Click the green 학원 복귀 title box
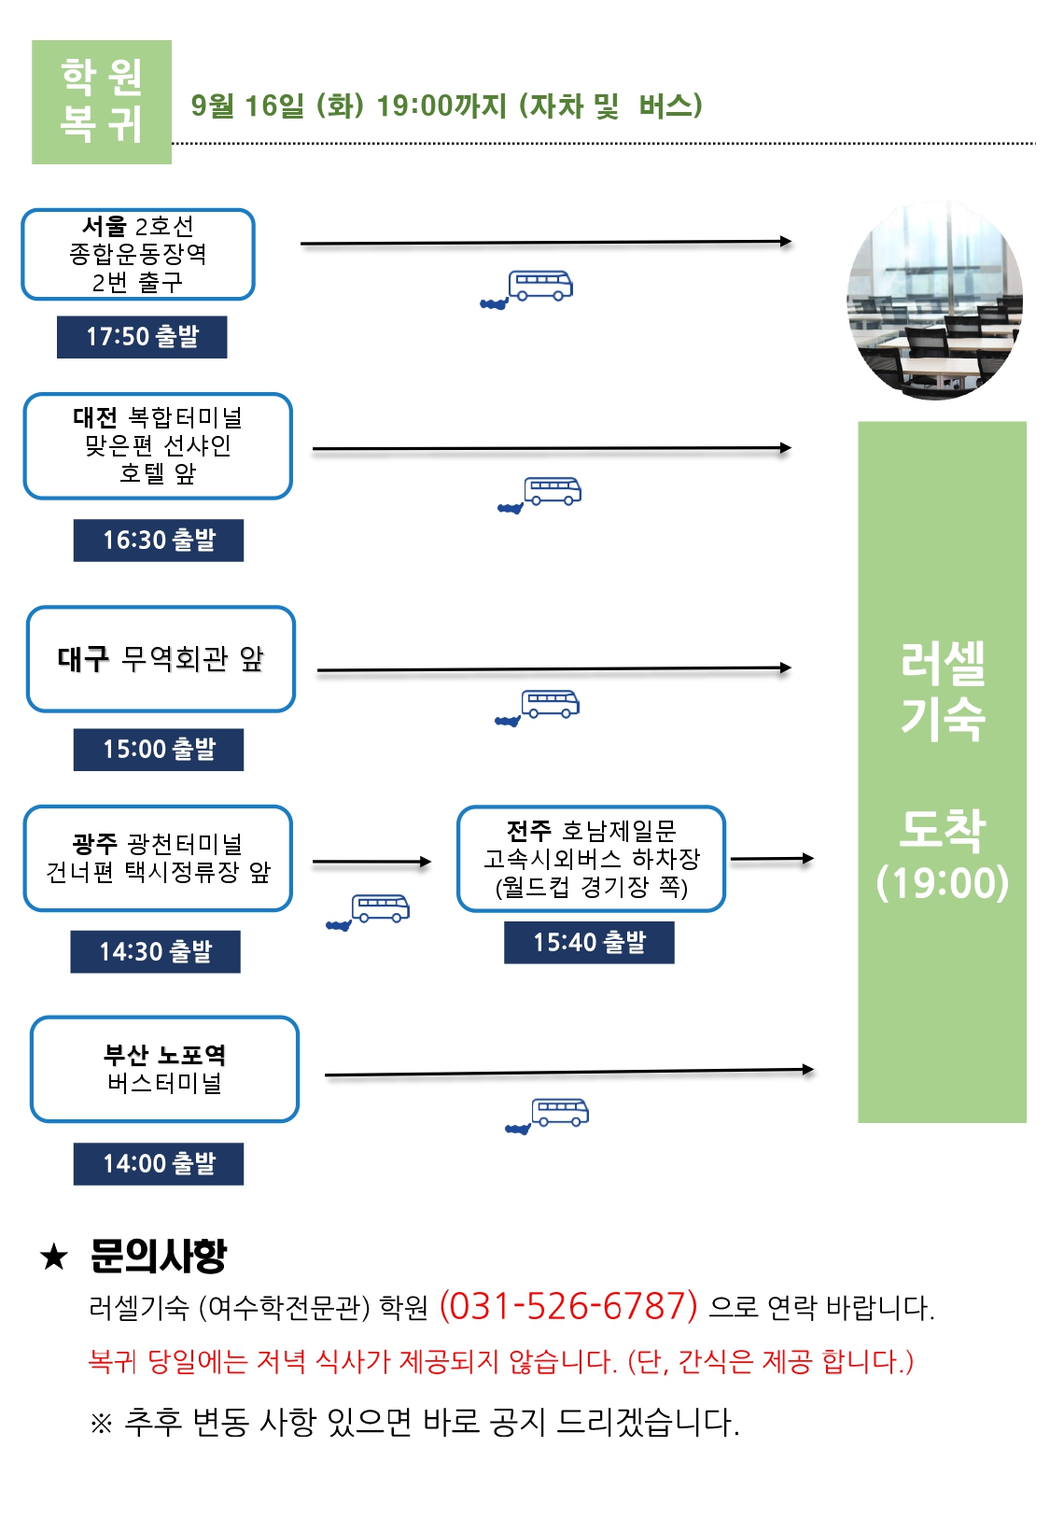102,102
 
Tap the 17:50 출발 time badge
142,337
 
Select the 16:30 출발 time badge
159,540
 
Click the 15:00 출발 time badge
159,749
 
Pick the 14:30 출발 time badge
155,951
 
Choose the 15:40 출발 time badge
589,942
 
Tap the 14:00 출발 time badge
159,1163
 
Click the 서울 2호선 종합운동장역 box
138,254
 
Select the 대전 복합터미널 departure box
158,445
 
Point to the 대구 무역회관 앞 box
161,659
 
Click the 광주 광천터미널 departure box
158,858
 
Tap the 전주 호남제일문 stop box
591,858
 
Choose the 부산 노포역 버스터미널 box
164,1069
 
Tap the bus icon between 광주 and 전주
368,911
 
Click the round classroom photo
935,300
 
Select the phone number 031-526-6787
568,1306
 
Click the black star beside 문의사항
53,1257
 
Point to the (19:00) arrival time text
943,882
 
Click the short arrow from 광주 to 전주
371,862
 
